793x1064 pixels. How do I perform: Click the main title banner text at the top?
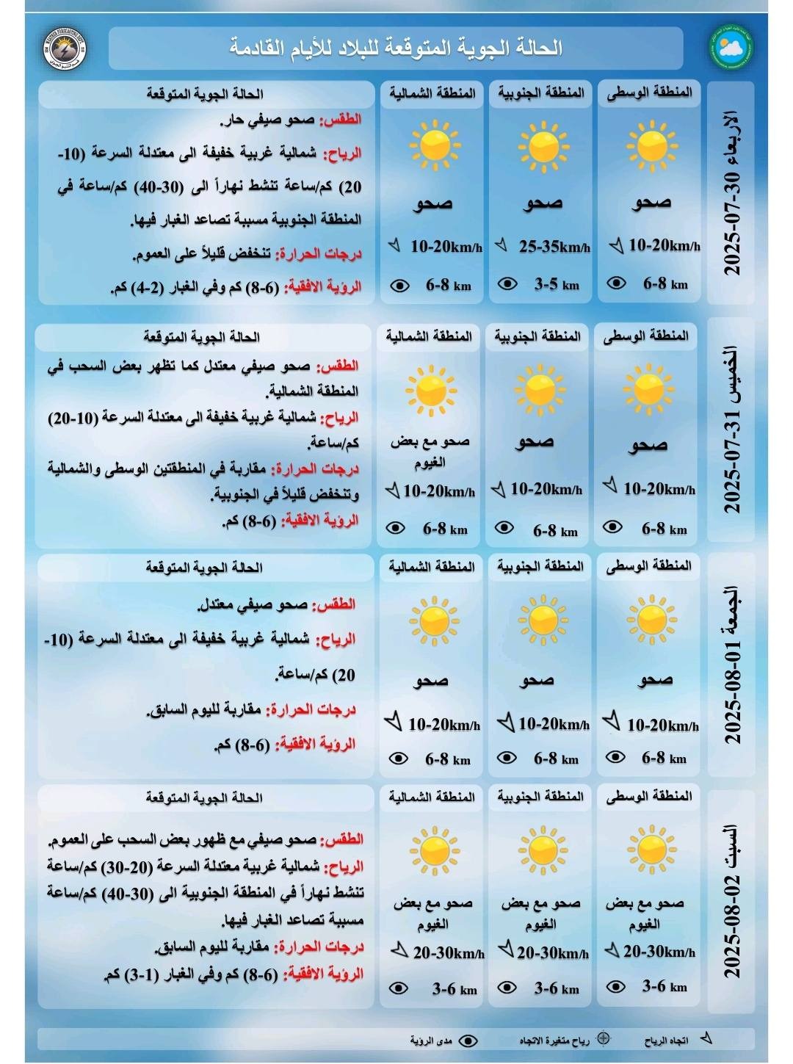[396, 48]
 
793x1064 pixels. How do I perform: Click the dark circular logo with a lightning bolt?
[64, 48]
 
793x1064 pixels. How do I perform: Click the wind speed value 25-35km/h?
[554, 247]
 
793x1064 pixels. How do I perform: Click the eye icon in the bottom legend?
[468, 1041]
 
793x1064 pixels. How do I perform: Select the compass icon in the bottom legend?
[604, 1039]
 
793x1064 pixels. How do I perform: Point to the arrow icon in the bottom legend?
[706, 1038]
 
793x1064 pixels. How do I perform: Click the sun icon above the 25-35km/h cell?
[543, 146]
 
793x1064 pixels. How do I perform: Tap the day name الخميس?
[732, 374]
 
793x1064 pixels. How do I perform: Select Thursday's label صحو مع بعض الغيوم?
[430, 452]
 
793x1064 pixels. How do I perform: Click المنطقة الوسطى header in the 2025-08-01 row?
[648, 566]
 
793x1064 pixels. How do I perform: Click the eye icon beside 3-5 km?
[507, 283]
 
